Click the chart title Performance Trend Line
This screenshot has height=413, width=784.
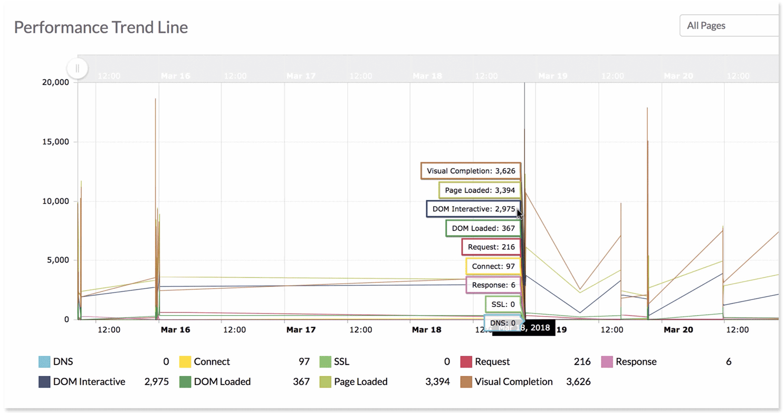101,27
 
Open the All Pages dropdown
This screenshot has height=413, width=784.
728,25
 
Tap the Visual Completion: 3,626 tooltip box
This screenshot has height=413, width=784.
471,171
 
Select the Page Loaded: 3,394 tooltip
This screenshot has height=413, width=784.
480,190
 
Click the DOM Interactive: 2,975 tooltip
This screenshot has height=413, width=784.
473,209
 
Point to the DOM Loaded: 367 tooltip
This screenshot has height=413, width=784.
483,228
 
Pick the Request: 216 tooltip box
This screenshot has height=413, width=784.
491,247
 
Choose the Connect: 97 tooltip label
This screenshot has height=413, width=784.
493,266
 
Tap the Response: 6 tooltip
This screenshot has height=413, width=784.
493,285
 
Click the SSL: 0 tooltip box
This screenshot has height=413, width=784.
503,304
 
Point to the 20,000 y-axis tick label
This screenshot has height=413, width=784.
55,82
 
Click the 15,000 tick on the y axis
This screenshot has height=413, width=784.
55,142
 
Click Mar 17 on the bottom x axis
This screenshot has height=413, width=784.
301,330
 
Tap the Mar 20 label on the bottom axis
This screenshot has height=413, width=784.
678,330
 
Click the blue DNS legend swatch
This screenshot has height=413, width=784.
44,362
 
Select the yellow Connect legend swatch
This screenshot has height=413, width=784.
185,362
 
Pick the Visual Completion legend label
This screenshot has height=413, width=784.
513,382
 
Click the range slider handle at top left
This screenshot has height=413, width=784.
78,68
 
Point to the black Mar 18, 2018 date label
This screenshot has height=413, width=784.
524,328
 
